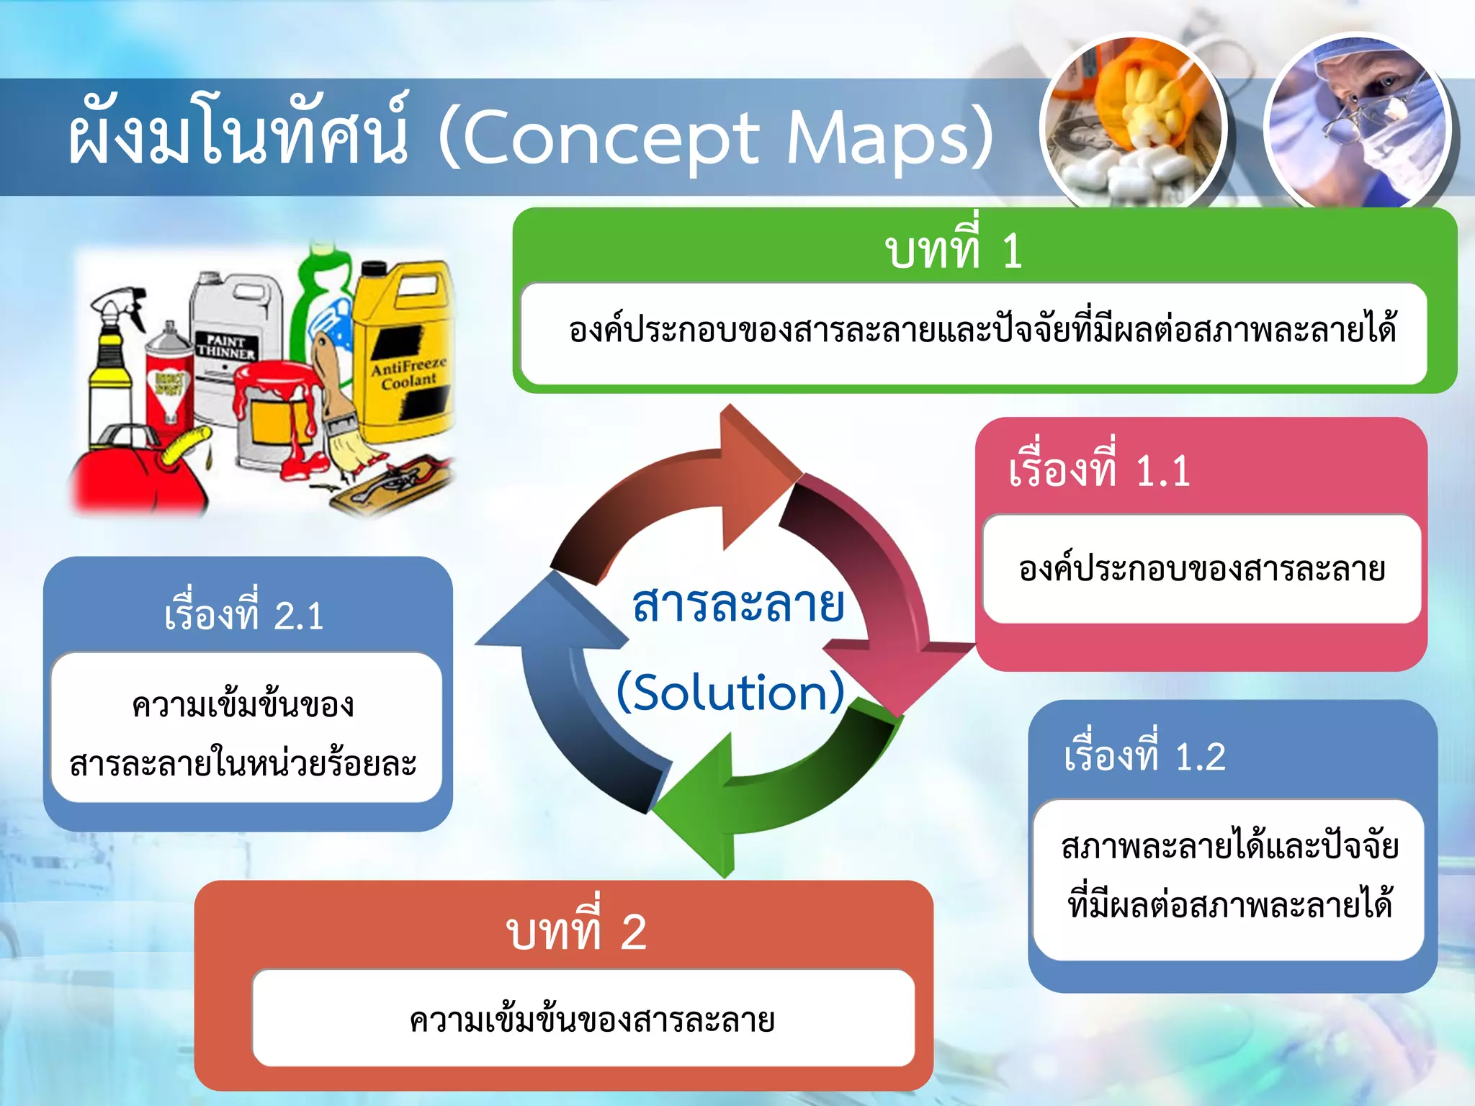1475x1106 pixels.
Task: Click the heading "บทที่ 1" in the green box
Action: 953,251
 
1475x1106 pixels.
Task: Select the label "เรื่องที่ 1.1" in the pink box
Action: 1099,471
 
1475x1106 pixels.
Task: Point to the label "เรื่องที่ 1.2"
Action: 1144,756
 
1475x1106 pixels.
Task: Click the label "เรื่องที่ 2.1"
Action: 243,616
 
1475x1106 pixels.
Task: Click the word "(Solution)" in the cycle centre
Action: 730,692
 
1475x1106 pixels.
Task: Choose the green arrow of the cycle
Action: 778,792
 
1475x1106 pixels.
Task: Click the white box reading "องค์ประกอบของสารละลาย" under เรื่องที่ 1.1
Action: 1201,569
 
